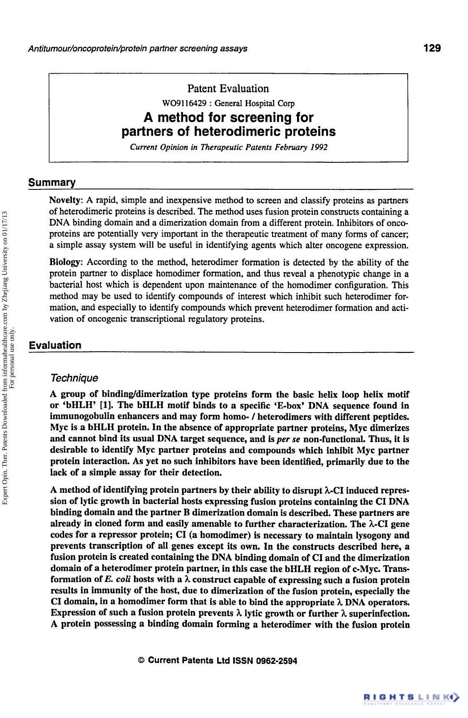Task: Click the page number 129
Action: pos(432,48)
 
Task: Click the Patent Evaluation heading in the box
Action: pos(228,88)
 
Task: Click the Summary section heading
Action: pos(52,183)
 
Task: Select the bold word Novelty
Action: pos(66,200)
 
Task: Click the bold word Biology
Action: pos(66,262)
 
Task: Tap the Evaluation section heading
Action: pos(54,345)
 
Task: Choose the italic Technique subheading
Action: pos(74,378)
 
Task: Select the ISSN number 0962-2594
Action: pos(276,661)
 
